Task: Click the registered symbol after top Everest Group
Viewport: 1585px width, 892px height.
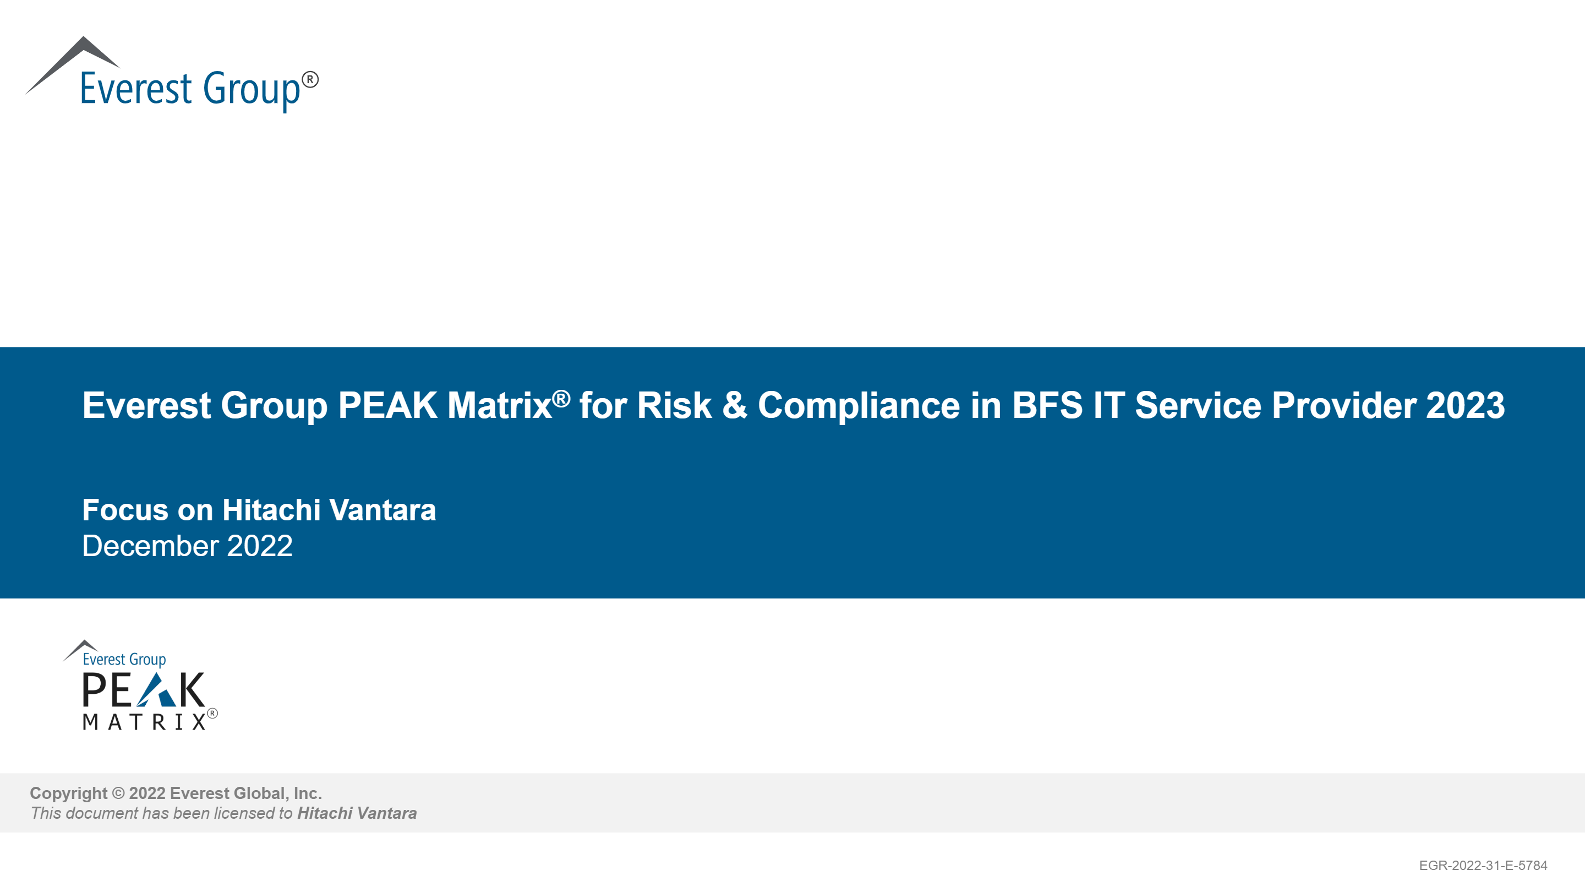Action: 310,80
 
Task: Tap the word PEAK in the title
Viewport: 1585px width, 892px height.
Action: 387,406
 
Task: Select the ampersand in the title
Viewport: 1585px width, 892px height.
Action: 735,406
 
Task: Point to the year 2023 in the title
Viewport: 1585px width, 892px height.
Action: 1466,406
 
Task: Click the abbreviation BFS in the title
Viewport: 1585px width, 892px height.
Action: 1047,406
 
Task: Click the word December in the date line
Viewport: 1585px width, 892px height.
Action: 150,546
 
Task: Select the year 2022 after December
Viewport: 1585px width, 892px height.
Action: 260,546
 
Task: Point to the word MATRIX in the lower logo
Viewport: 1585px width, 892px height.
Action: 145,722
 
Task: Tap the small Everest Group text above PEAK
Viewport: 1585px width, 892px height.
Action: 124,659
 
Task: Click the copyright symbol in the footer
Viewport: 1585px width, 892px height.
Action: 118,793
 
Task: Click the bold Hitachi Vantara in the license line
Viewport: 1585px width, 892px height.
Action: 357,813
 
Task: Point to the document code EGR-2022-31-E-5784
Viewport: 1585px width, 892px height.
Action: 1483,866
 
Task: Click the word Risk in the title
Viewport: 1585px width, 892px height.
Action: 674,406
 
